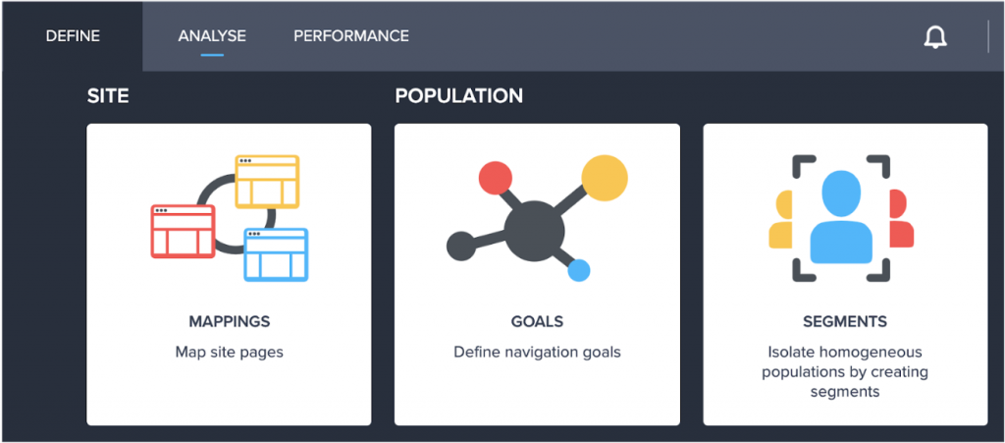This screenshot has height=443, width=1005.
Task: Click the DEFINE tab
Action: [73, 36]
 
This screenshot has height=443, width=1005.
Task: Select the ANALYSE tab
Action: [212, 36]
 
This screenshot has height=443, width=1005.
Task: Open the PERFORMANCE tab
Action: [351, 36]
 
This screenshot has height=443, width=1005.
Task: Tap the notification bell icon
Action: [935, 38]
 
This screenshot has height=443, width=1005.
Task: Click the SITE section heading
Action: [108, 96]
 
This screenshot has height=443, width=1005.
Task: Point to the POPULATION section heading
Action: [459, 96]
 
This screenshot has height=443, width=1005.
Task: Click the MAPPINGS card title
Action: [230, 321]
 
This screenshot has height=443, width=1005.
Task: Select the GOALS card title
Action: [537, 321]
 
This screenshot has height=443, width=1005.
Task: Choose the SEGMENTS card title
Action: [845, 321]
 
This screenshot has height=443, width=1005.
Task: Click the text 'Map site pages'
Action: [230, 352]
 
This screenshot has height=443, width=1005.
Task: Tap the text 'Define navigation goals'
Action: [537, 352]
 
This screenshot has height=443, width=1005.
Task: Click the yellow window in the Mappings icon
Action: [267, 182]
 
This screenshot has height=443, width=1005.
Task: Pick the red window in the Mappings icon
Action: [183, 232]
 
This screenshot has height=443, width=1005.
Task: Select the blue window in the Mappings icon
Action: [276, 254]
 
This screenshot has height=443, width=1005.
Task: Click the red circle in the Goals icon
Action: [496, 178]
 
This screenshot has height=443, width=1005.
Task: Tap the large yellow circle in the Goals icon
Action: [605, 178]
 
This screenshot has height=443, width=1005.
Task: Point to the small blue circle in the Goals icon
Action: [579, 270]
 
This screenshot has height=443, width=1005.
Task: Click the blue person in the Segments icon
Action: [841, 217]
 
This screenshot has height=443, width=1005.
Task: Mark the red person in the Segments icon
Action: [901, 218]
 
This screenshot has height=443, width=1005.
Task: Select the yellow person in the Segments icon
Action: [780, 218]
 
